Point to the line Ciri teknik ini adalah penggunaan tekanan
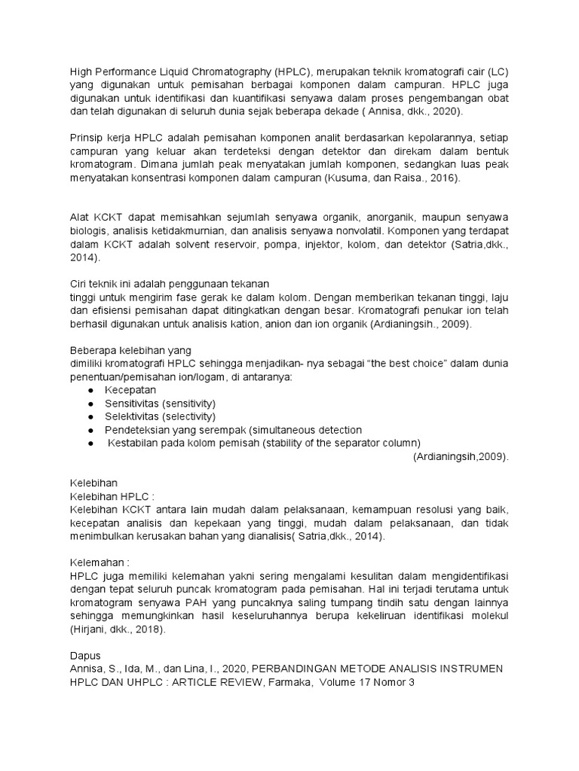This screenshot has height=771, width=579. [169, 283]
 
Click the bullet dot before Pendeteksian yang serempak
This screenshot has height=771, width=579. [91, 430]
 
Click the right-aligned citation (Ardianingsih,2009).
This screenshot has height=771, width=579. [461, 456]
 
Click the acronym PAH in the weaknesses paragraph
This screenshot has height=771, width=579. [203, 603]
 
